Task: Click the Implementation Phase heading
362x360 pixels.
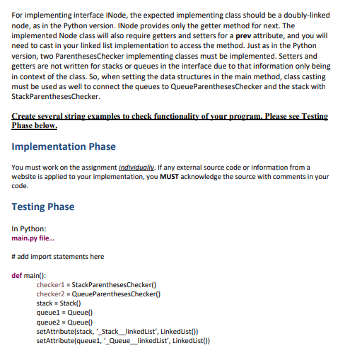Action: pos(64,146)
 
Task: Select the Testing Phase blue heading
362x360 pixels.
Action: pos(43,207)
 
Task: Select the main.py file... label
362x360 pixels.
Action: pos(34,238)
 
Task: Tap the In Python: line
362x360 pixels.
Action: pos(30,228)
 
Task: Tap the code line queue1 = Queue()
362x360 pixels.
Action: pos(65,312)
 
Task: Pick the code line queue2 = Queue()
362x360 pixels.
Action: pos(65,321)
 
